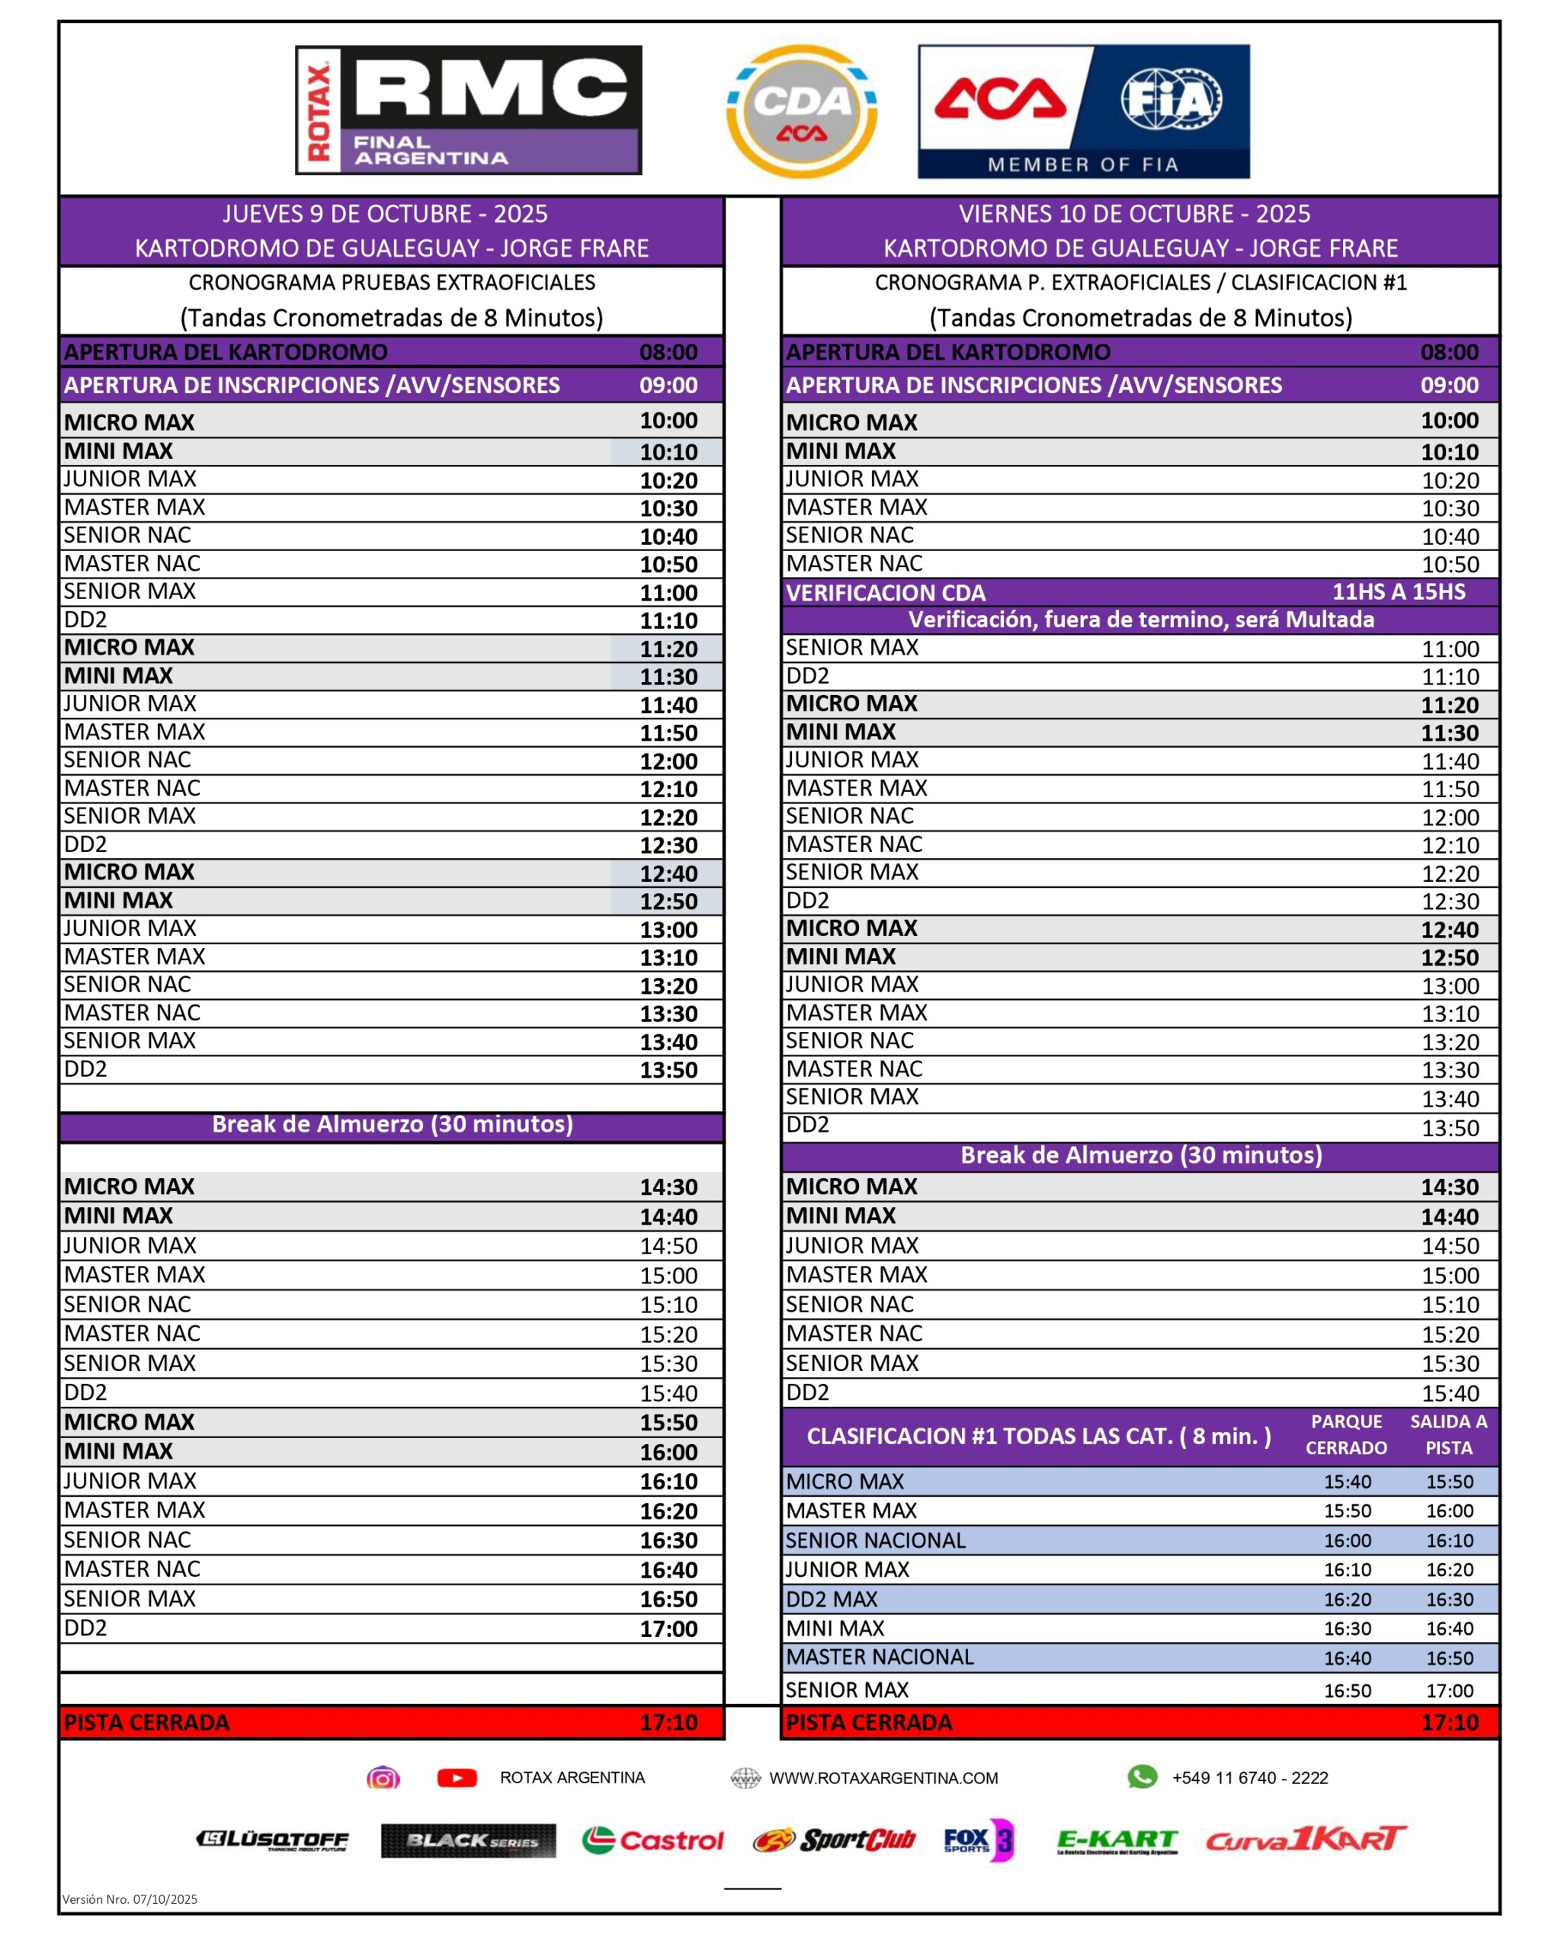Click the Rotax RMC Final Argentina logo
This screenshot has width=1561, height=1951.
pyautogui.click(x=468, y=110)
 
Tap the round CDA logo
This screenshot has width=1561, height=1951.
pyautogui.click(x=801, y=111)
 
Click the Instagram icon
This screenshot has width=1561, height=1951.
pyautogui.click(x=383, y=1778)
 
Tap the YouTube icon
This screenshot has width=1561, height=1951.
pyautogui.click(x=457, y=1778)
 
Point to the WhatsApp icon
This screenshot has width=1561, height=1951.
pyautogui.click(x=1141, y=1777)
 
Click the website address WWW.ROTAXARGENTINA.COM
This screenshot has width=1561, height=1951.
pyautogui.click(x=883, y=1778)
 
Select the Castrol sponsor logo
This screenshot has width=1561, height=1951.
pyautogui.click(x=652, y=1840)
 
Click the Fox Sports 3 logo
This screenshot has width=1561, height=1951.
pyautogui.click(x=978, y=1840)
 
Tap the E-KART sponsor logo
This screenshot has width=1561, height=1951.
pyautogui.click(x=1117, y=1840)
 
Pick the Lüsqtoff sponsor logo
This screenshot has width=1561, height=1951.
pyautogui.click(x=272, y=1840)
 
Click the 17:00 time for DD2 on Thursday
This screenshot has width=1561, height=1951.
pyautogui.click(x=668, y=1629)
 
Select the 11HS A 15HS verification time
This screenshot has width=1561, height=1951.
pyautogui.click(x=1398, y=592)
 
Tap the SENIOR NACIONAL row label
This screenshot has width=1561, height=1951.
pyautogui.click(x=875, y=1540)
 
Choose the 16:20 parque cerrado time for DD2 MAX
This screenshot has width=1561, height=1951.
pyautogui.click(x=1348, y=1600)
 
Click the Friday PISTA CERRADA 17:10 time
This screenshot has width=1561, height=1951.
pyautogui.click(x=1449, y=1723)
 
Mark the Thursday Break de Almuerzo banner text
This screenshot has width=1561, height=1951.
pyautogui.click(x=392, y=1125)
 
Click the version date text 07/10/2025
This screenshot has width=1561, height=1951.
pyautogui.click(x=165, y=1899)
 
